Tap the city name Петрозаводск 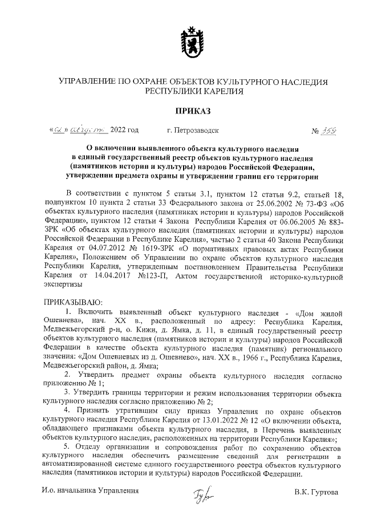coord(193,131)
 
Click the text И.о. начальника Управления coord(90,491)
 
